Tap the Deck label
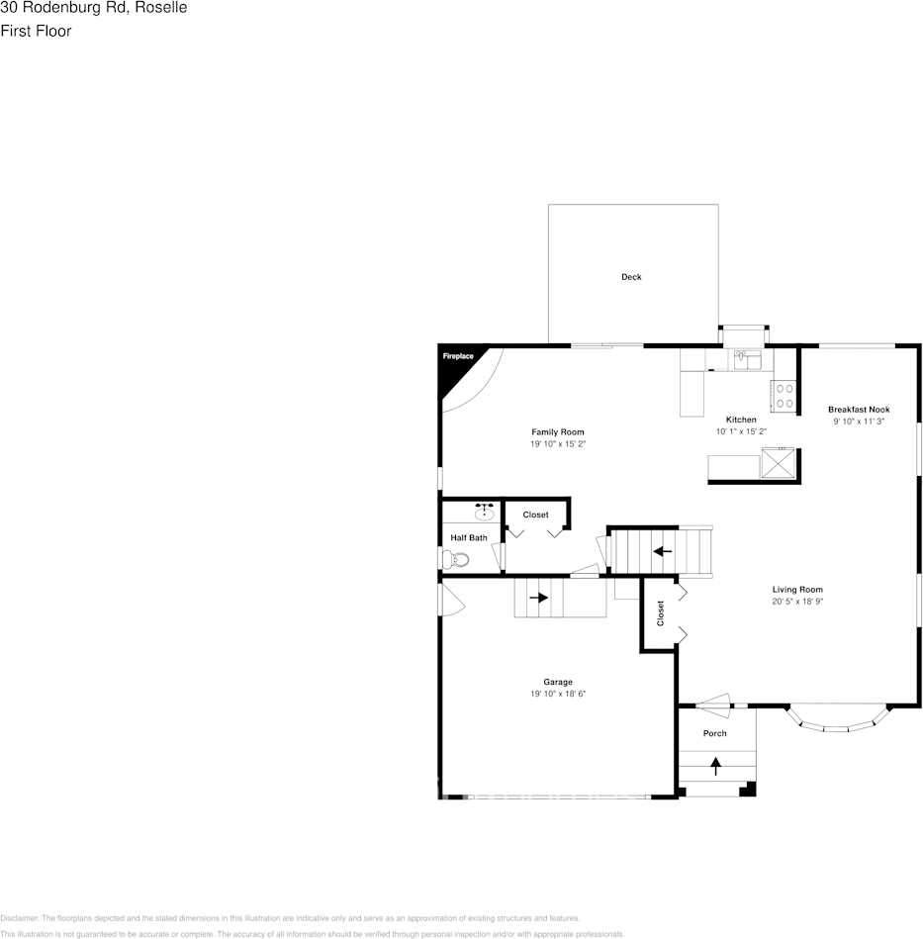click(x=631, y=277)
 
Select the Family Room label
click(x=558, y=432)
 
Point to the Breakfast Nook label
click(x=859, y=410)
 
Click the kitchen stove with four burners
click(x=785, y=396)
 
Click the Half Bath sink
click(x=485, y=512)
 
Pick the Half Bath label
click(x=469, y=538)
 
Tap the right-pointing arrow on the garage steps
click(x=538, y=598)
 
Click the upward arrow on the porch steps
click(x=715, y=765)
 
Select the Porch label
click(x=715, y=733)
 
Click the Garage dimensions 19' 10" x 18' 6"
click(x=558, y=694)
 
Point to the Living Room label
click(x=797, y=590)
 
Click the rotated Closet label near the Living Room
click(x=661, y=613)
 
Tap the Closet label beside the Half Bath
click(x=535, y=515)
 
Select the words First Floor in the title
click(x=36, y=31)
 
